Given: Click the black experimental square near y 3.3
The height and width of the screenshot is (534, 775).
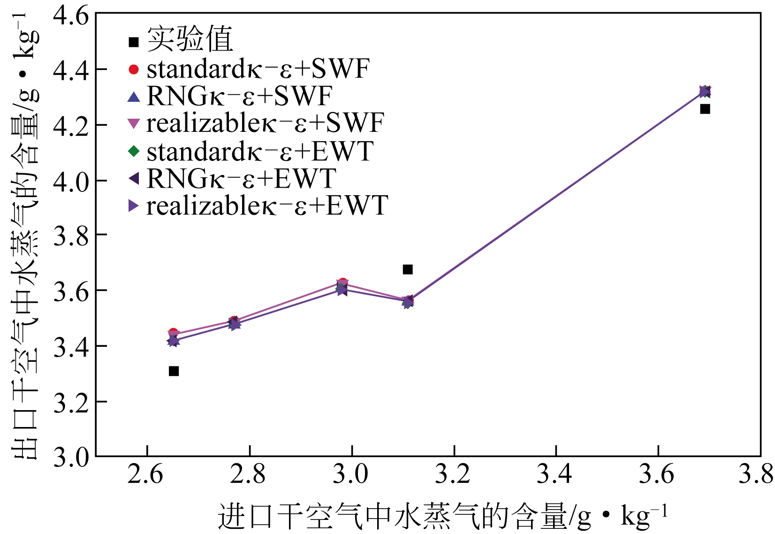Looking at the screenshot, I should [x=174, y=371].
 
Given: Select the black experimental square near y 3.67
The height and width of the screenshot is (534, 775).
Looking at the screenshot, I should [x=408, y=269].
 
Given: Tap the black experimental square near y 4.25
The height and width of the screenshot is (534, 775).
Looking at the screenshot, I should [x=705, y=109].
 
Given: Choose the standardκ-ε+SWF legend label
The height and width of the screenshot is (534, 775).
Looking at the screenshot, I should [x=258, y=69].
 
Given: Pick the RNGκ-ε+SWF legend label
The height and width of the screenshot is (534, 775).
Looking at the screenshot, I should [x=239, y=96].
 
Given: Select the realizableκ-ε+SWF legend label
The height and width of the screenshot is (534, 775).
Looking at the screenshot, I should [x=265, y=123].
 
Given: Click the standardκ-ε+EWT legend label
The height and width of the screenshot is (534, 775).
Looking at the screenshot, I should [x=260, y=151].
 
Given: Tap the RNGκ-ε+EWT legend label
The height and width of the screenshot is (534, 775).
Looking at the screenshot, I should [x=241, y=178].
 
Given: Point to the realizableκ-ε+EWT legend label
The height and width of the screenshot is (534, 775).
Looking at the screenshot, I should [x=267, y=206].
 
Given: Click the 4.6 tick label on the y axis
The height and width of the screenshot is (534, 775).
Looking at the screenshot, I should [x=71, y=16].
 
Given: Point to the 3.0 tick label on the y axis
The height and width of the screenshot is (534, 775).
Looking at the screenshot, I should [x=71, y=457].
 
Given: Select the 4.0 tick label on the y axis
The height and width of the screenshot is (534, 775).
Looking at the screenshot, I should [x=71, y=182].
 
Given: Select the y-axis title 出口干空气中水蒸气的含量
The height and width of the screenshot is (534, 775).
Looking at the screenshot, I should [x=26, y=235].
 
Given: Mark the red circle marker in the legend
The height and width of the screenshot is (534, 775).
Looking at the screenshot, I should [x=134, y=69].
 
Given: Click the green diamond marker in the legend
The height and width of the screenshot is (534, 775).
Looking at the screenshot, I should [x=134, y=151].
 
